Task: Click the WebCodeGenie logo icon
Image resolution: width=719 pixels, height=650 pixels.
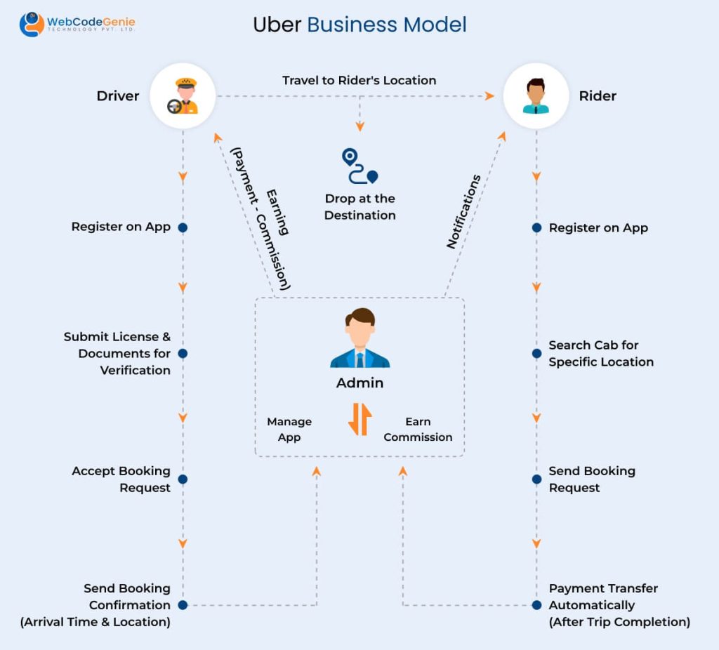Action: (x=32, y=25)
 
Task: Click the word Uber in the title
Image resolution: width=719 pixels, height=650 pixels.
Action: (x=277, y=25)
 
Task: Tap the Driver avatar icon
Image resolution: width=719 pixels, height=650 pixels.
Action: (x=183, y=96)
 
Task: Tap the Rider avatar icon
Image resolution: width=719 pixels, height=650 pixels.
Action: (x=536, y=96)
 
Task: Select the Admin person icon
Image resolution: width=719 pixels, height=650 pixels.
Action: (x=359, y=338)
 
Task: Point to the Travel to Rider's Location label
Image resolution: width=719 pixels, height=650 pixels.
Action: (x=359, y=80)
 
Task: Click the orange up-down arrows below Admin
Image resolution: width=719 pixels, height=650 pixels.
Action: (x=359, y=419)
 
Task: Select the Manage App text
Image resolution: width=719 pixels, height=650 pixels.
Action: (x=289, y=429)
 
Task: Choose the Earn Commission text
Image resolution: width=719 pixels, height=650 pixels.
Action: (x=418, y=429)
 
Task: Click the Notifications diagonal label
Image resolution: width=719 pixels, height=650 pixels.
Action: (x=464, y=212)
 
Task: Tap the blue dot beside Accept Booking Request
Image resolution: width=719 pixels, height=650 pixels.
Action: (x=183, y=479)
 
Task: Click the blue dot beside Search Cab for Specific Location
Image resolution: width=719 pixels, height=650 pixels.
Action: (x=536, y=353)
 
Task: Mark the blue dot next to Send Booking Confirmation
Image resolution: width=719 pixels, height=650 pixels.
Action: (x=183, y=605)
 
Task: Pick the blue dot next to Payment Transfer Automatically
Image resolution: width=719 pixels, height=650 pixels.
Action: (x=536, y=605)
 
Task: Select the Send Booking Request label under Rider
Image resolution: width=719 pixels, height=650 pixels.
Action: (x=591, y=479)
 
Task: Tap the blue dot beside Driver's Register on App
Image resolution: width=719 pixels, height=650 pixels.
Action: (x=183, y=227)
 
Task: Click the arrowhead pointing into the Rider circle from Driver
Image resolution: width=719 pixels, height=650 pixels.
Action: (x=490, y=96)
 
